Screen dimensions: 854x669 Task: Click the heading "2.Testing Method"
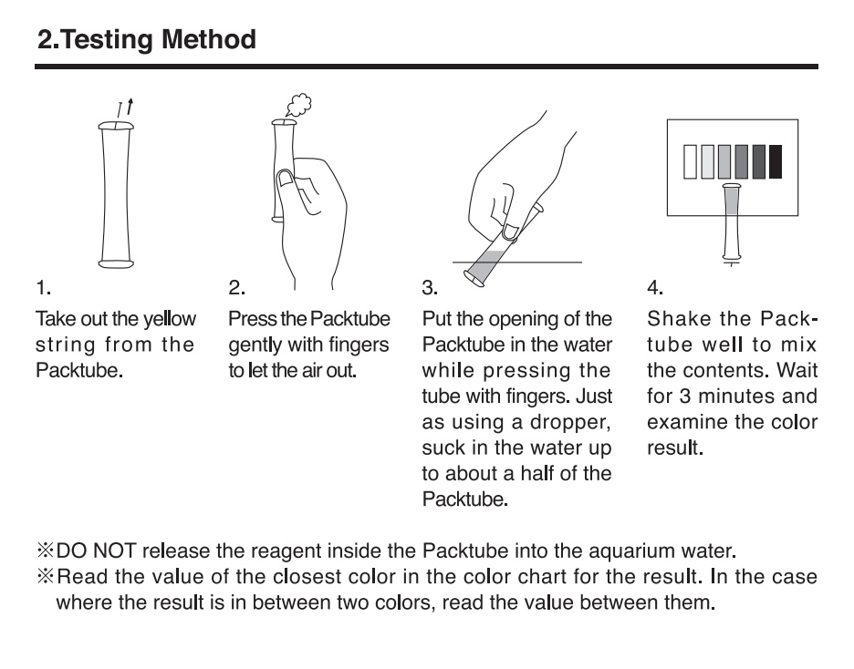tap(147, 40)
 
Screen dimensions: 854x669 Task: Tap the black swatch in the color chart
tap(775, 161)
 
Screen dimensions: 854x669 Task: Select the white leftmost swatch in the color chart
tap(690, 161)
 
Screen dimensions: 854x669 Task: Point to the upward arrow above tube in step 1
tap(130, 107)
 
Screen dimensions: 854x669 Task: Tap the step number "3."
tap(430, 287)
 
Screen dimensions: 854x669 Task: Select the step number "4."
tap(655, 287)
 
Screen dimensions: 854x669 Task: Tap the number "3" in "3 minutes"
tap(684, 396)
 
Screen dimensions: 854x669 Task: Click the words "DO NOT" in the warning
tap(96, 551)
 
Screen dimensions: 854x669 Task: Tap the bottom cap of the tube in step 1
tap(116, 263)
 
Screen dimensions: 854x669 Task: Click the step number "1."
tap(44, 287)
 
